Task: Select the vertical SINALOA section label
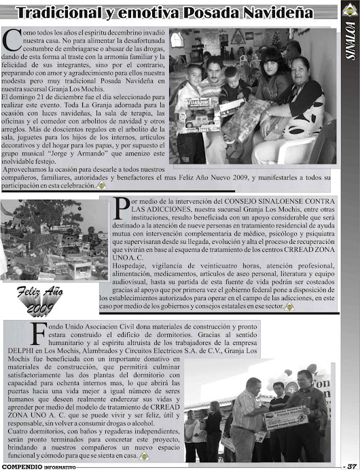pyautogui.click(x=350, y=43)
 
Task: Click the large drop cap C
pyautogui.click(x=10, y=39)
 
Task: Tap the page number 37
pyautogui.click(x=350, y=465)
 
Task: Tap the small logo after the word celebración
pyautogui.click(x=101, y=185)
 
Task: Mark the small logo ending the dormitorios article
pyautogui.click(x=143, y=456)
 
